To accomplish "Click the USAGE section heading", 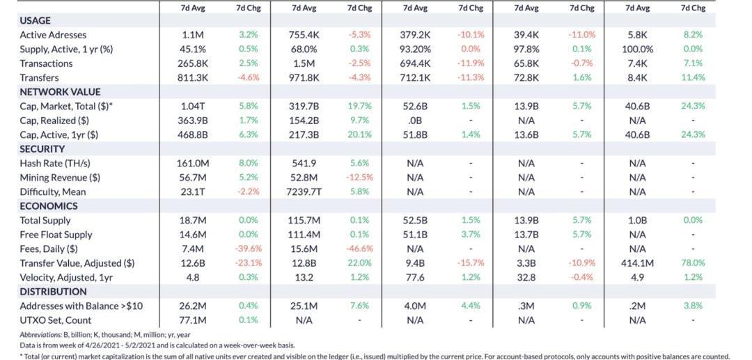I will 35,20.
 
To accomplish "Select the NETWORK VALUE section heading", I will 60,92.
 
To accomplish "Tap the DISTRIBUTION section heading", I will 53,292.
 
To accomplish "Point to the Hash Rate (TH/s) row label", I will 55,164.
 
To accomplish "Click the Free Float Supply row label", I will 56,235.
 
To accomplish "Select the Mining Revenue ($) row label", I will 59,178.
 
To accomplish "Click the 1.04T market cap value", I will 192,107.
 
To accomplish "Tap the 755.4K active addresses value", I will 304,35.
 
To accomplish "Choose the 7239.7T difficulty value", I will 304,192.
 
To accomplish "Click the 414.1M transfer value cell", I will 637,263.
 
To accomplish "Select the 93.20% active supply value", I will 415,49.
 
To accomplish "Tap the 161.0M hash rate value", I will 192,164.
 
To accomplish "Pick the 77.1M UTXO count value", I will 192,320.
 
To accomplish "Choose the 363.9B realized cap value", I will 192,120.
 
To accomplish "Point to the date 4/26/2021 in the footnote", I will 100,345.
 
